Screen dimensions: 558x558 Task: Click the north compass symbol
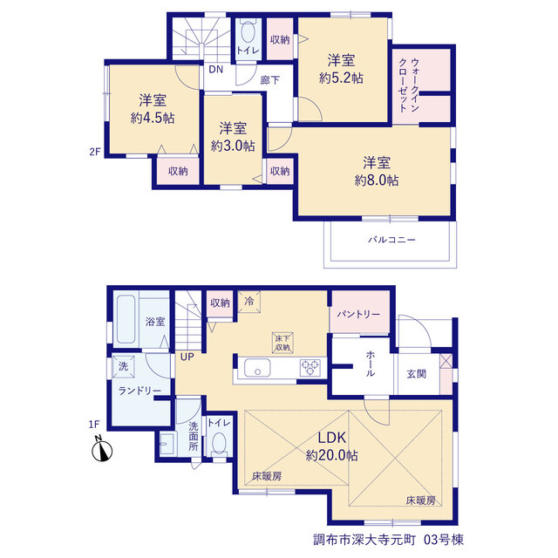tap(102, 450)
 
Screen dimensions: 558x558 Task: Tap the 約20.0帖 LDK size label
tap(331, 455)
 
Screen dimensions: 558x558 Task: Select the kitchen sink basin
tap(257, 367)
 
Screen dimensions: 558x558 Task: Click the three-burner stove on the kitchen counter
tap(310, 367)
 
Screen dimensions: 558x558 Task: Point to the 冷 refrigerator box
tap(249, 302)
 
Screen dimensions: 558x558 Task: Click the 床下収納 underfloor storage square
tap(282, 343)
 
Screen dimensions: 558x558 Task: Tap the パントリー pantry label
tap(358, 314)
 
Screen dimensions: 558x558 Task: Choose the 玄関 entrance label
tap(416, 374)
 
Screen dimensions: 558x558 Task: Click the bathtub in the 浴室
tap(126, 319)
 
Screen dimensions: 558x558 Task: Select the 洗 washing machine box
tap(123, 366)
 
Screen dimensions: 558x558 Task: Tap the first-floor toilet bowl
tap(219, 444)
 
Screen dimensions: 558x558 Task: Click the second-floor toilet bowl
tap(248, 33)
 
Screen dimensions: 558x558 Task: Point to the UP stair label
tap(187, 357)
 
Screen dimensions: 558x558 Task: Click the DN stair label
tap(215, 70)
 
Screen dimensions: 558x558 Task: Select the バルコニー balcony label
tap(391, 240)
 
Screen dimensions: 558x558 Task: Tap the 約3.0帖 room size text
tap(233, 146)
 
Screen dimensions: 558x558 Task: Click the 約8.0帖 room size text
tap(377, 180)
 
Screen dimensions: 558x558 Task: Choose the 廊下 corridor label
tap(269, 80)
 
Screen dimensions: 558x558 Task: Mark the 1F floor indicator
tap(94, 425)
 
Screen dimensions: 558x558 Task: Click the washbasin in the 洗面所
tap(167, 444)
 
